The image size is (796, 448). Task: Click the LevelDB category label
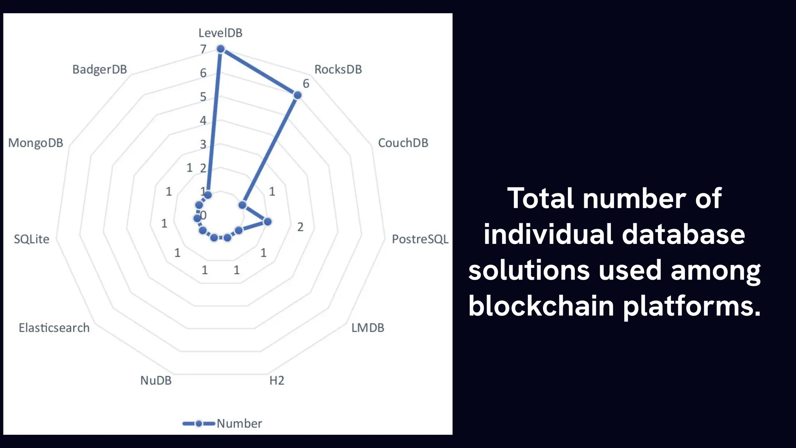click(220, 33)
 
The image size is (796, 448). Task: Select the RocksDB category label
click(338, 70)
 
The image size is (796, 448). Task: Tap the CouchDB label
click(403, 143)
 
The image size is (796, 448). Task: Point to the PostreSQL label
click(420, 239)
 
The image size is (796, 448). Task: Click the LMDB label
click(368, 328)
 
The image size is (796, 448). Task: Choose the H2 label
click(277, 380)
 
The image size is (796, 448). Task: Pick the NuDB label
click(156, 380)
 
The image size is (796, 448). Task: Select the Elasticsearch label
click(54, 328)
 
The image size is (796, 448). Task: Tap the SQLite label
click(31, 239)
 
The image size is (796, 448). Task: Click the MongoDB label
click(35, 143)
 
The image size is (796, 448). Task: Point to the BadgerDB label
click(99, 70)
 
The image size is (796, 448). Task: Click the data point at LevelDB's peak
click(221, 49)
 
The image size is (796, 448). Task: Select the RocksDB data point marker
click(297, 95)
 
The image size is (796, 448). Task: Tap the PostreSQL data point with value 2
click(267, 222)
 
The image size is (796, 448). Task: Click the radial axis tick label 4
click(203, 121)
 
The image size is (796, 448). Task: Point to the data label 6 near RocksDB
click(306, 84)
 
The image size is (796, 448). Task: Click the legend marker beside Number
click(199, 423)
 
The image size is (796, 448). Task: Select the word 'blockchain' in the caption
click(541, 306)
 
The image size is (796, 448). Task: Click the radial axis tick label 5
click(203, 97)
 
